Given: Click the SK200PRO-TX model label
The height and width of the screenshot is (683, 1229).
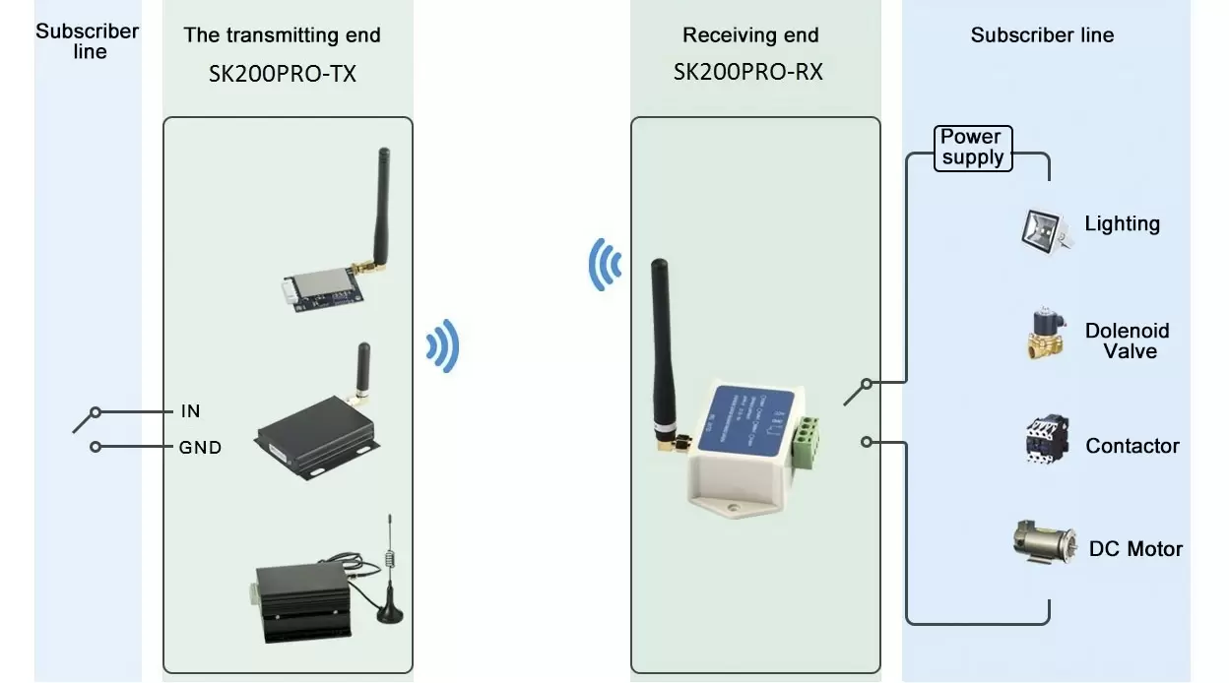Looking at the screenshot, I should click(x=282, y=74).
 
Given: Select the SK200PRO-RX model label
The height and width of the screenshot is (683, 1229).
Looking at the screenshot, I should click(x=748, y=72).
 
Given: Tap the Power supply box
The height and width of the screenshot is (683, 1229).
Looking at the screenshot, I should click(x=972, y=148).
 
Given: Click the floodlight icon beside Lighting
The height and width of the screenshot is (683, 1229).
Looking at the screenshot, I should click(x=1045, y=229).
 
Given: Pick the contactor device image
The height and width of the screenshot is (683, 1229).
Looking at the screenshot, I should click(x=1045, y=439).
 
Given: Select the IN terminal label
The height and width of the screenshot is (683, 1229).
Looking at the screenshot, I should click(x=190, y=411).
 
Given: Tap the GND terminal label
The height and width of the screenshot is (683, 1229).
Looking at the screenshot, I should click(x=200, y=448).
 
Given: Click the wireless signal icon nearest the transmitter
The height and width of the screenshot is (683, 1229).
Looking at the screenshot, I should click(x=443, y=346).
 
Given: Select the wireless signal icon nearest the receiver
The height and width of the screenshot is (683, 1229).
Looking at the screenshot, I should click(x=605, y=264).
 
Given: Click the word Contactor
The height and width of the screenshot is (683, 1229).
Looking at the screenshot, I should click(x=1132, y=447).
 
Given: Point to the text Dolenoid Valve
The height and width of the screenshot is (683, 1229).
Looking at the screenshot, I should click(x=1127, y=341).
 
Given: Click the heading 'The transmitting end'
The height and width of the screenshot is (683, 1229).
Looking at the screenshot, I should click(x=282, y=35).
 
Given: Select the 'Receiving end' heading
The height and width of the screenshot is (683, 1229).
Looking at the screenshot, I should click(x=750, y=35).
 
